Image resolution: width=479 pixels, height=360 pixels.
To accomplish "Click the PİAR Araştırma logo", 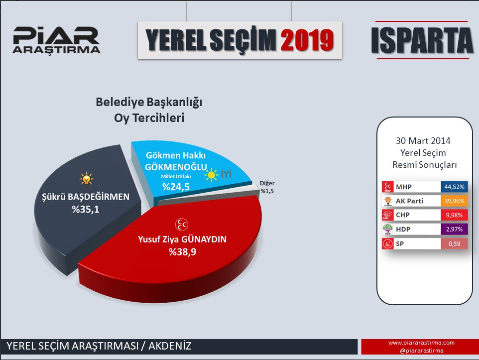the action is click(56, 40).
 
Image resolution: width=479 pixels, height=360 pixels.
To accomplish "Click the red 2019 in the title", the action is click(307, 40).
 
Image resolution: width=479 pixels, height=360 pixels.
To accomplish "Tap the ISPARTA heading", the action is click(422, 40).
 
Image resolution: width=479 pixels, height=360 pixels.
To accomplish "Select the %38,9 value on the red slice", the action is click(182, 252).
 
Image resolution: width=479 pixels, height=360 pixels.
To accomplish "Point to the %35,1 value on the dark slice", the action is click(86, 209).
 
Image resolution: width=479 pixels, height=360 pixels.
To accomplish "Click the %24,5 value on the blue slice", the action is click(176, 186).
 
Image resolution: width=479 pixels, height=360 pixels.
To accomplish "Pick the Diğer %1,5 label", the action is click(267, 187).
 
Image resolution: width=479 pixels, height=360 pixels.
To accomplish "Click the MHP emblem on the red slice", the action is click(181, 225).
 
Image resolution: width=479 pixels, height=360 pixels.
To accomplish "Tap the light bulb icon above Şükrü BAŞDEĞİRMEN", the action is click(86, 179).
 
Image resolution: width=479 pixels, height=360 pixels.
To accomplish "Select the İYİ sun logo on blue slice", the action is click(218, 175).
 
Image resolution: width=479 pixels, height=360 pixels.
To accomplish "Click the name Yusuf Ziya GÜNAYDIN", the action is click(182, 239).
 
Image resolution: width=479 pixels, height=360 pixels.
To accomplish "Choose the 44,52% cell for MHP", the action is click(454, 187).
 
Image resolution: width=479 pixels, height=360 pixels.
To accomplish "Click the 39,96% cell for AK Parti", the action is click(454, 201).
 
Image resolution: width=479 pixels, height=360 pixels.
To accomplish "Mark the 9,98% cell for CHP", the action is click(454, 215).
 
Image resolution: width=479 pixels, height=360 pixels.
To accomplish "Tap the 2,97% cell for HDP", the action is click(454, 229).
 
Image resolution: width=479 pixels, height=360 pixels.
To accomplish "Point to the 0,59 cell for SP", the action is click(454, 243).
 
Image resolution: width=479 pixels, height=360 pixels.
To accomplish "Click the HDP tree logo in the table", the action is click(388, 229).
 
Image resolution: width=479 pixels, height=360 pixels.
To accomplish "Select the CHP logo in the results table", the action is click(388, 215).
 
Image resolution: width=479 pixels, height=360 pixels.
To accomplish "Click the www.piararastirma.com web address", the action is click(422, 343).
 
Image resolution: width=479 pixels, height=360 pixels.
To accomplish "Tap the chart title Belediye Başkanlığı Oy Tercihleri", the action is click(149, 110).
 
